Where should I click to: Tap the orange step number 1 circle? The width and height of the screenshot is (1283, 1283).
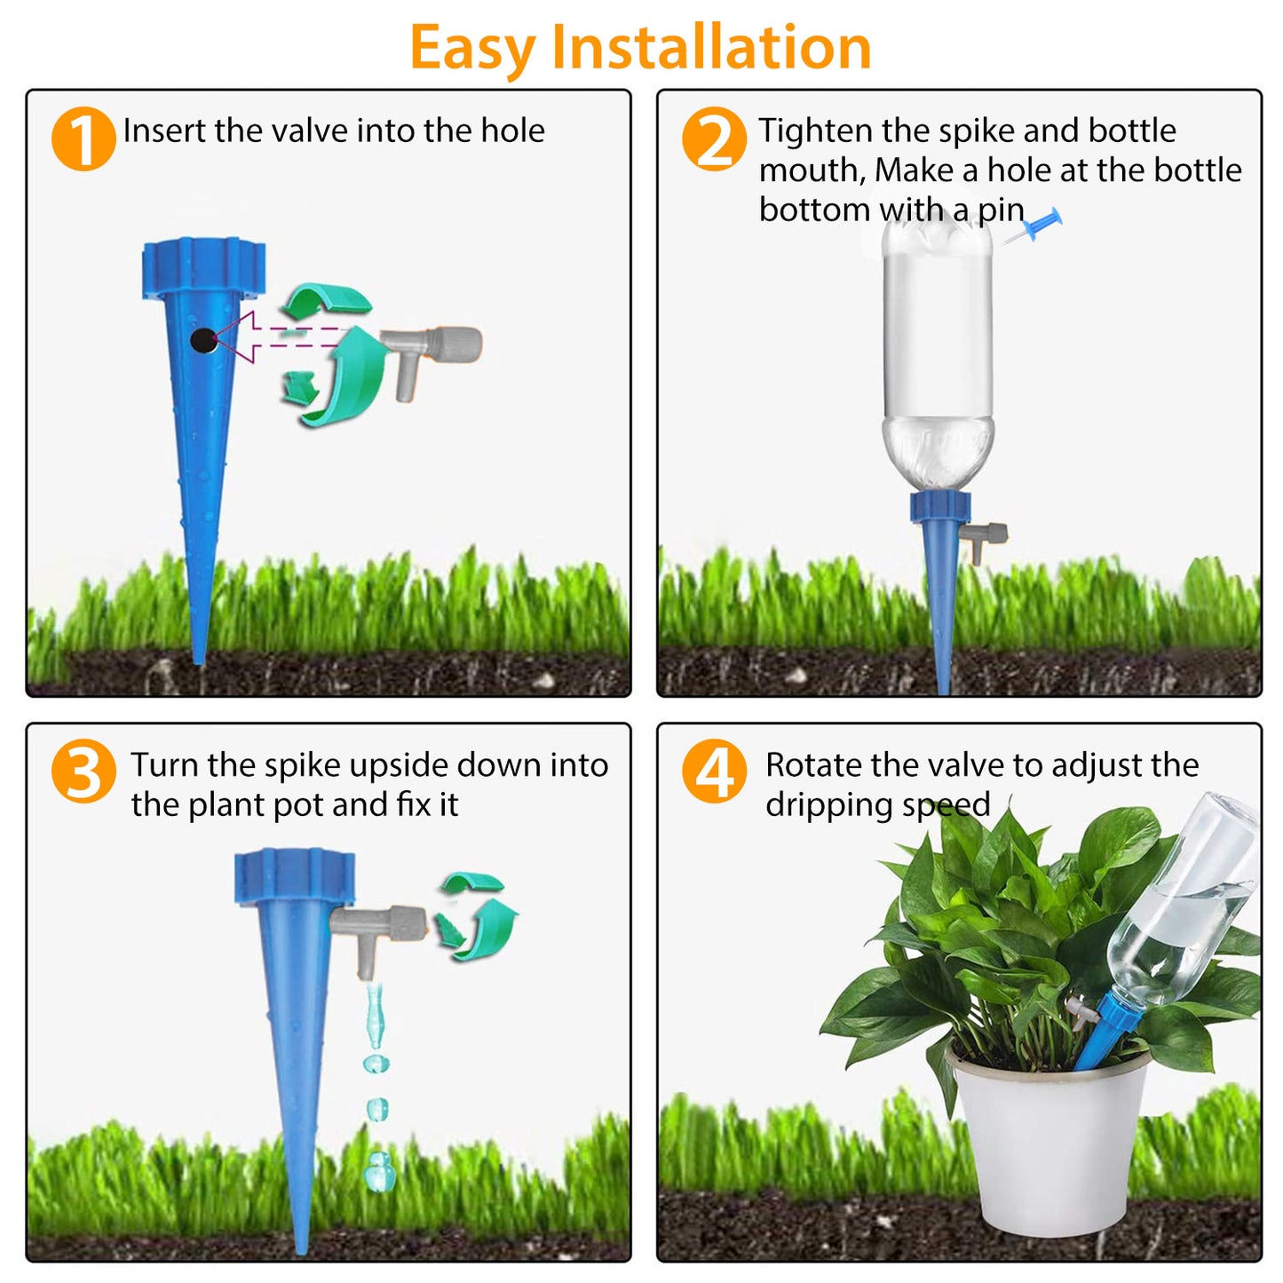pyautogui.click(x=83, y=139)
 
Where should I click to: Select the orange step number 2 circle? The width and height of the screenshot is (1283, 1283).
pyautogui.click(x=714, y=139)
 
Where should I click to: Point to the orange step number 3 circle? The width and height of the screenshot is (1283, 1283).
pyautogui.click(x=83, y=772)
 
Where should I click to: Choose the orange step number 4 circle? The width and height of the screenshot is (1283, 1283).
pyautogui.click(x=714, y=772)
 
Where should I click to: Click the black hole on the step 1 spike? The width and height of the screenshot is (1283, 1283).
pyautogui.click(x=203, y=340)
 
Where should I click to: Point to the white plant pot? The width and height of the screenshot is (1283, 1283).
pyautogui.click(x=1048, y=1145)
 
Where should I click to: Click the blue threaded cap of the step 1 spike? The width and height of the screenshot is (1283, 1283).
pyautogui.click(x=203, y=265)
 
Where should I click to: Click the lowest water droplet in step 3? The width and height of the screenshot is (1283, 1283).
pyautogui.click(x=379, y=1171)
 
